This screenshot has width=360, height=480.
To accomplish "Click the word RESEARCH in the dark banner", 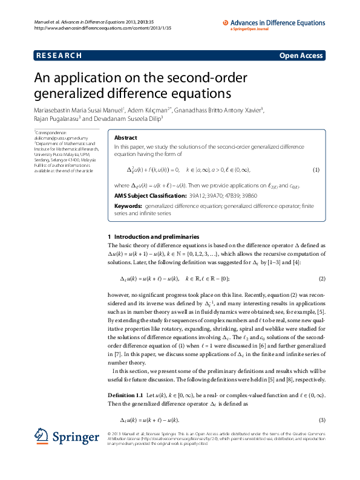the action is (59, 56).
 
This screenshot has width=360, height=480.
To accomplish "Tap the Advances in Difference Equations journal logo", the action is (272, 24).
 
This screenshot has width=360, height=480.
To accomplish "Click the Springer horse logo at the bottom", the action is (41, 436).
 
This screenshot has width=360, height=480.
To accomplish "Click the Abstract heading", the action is (126, 138).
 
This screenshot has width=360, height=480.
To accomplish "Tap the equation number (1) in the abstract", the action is (315, 170).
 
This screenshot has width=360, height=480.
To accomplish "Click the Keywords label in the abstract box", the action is (128, 206).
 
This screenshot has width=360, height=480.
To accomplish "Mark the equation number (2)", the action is (322, 278).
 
